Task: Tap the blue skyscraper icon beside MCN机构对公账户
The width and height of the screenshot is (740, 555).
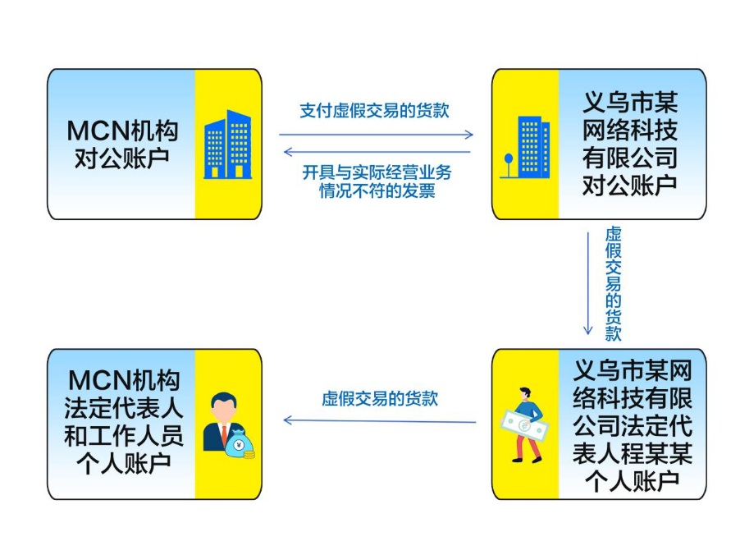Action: [228, 144]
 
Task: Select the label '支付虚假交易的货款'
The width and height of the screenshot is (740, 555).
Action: [374, 110]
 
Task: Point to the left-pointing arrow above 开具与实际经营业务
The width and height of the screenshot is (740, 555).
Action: [377, 152]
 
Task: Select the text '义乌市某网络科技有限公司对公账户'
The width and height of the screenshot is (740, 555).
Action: [630, 144]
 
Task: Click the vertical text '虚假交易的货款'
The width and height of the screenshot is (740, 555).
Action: [612, 283]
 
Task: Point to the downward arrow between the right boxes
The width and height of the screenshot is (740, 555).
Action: [587, 283]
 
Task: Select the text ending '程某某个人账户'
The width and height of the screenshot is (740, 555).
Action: [632, 424]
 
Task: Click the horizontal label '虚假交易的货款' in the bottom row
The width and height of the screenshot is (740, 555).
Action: [379, 399]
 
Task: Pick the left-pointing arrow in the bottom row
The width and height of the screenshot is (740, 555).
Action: [379, 420]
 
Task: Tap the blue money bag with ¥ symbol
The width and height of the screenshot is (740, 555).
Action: [241, 444]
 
